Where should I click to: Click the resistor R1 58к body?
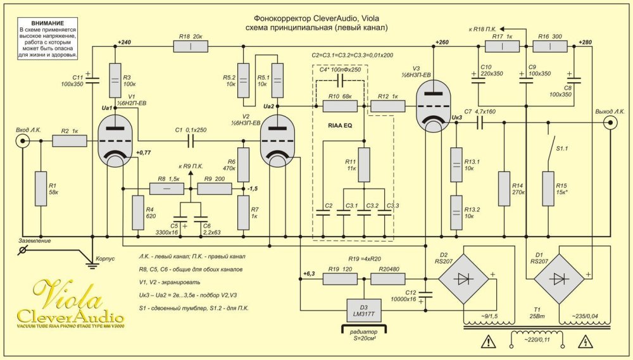point(41,188)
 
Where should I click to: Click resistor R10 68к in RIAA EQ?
point(341,106)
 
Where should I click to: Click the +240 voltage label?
point(124,42)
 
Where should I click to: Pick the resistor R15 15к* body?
point(548,188)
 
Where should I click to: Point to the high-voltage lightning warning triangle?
point(586,343)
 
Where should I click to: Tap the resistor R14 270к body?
point(504,188)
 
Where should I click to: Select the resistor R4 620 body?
point(136,213)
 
